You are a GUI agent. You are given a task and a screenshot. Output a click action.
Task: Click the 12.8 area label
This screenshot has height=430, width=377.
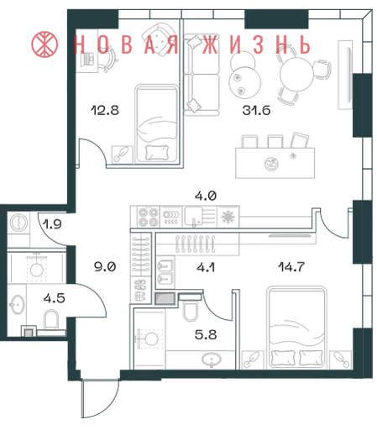click(x=105, y=110)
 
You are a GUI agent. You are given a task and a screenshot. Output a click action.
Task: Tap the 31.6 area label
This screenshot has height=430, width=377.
click(x=256, y=110)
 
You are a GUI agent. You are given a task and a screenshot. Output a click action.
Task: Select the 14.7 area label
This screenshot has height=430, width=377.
click(x=291, y=267)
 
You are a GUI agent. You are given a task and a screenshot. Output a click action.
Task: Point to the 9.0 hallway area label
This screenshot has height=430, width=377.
click(x=105, y=267)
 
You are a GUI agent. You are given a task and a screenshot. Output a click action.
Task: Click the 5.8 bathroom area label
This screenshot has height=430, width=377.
click(x=206, y=334)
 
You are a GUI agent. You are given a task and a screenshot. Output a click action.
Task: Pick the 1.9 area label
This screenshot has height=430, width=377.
click(x=53, y=224)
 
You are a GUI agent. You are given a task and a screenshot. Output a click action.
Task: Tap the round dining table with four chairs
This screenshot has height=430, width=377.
click(x=296, y=74)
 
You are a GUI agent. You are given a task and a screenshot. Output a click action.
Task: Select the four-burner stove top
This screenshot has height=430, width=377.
click(x=149, y=217)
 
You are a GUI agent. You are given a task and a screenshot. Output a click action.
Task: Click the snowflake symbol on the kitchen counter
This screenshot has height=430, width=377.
click(x=228, y=217)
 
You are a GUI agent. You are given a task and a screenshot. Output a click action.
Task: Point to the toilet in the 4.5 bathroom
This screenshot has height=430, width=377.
click(x=51, y=319)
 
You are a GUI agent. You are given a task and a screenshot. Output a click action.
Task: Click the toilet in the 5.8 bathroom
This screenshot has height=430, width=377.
click(x=191, y=311)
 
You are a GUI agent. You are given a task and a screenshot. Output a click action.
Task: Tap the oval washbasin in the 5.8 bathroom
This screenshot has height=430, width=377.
click(x=212, y=359)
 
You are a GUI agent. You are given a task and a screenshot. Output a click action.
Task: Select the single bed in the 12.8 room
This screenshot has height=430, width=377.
click(x=157, y=123)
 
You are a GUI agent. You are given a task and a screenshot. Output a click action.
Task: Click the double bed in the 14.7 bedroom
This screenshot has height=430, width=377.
click(x=296, y=327)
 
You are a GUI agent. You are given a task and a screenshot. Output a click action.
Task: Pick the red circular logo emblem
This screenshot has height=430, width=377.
click(x=45, y=45)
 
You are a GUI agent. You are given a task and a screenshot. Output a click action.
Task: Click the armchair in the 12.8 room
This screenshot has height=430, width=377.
click(x=160, y=39)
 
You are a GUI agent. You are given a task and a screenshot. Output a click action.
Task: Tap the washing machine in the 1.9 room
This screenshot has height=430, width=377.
click(x=18, y=223)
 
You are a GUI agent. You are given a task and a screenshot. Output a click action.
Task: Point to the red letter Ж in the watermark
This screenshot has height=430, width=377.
click(x=210, y=45)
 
